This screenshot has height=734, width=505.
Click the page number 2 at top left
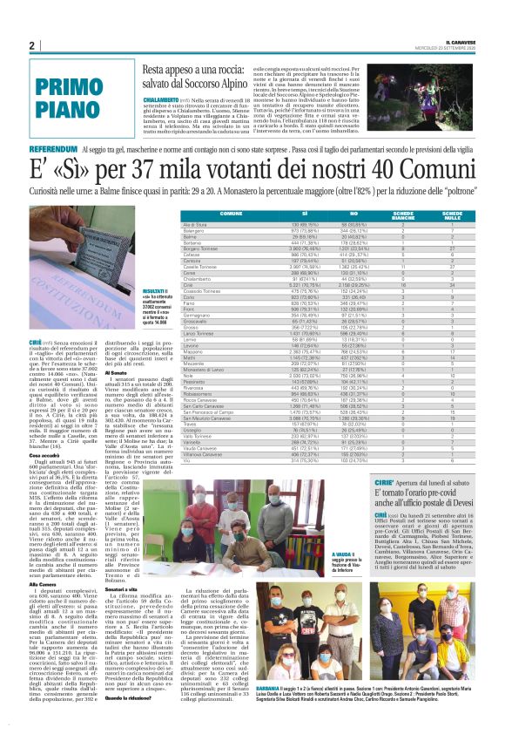click(x=32, y=45)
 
